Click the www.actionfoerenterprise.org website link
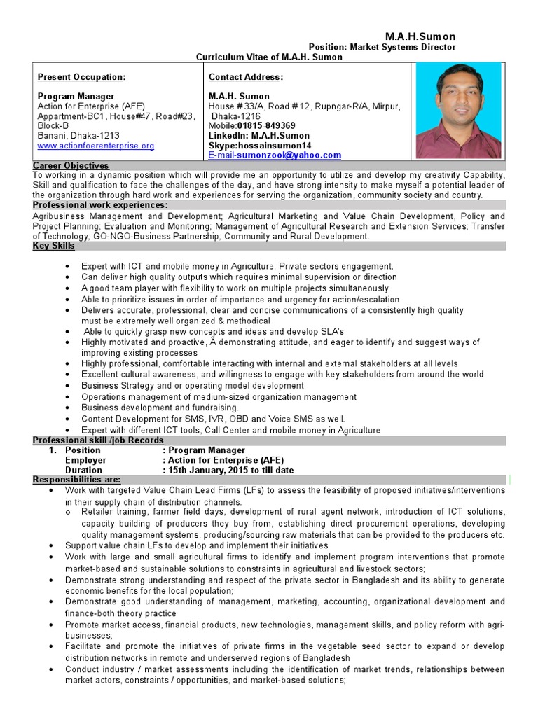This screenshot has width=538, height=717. (x=96, y=146)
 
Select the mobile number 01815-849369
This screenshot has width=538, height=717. (x=261, y=125)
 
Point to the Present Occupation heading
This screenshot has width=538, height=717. (x=81, y=76)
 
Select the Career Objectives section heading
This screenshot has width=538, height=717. (x=71, y=165)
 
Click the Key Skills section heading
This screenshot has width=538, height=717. (x=54, y=246)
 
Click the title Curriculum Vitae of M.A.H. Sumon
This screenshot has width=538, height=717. (x=269, y=57)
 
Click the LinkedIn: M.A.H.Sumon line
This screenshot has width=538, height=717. (x=258, y=135)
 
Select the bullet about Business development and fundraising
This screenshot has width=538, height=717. (x=160, y=407)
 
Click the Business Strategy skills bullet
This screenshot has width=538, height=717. (x=192, y=385)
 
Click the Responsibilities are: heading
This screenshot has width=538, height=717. (x=77, y=480)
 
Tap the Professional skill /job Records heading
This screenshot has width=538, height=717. (x=98, y=440)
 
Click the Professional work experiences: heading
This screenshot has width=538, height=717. (x=100, y=204)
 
